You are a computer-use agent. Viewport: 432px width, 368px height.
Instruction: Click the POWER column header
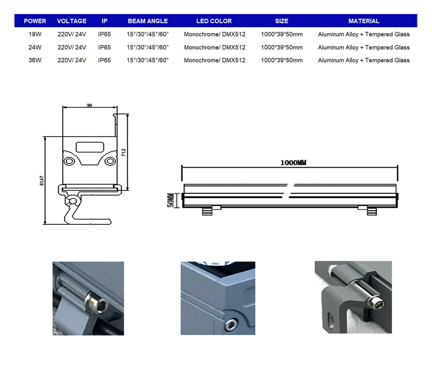pyautogui.click(x=35, y=21)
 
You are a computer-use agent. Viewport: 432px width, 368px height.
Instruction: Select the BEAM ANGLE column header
pyautogui.click(x=148, y=21)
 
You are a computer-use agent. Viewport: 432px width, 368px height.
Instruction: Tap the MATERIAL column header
pyautogui.click(x=364, y=21)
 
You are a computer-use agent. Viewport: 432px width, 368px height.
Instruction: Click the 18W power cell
pyautogui.click(x=35, y=34)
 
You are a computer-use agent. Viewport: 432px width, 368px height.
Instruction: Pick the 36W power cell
pyautogui.click(x=35, y=60)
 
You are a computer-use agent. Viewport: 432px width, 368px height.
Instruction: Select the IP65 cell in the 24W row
pyautogui.click(x=104, y=47)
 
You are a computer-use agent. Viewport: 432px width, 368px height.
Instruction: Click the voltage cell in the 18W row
pyautogui.click(x=72, y=34)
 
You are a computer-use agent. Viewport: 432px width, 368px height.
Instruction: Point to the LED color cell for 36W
pyautogui.click(x=214, y=60)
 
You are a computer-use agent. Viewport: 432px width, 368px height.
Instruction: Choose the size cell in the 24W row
pyautogui.click(x=282, y=47)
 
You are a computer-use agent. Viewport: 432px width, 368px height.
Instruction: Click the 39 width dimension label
pyautogui.click(x=89, y=105)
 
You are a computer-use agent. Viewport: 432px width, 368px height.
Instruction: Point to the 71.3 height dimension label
pyautogui.click(x=124, y=152)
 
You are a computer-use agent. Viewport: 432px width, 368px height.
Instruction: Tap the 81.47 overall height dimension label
pyautogui.click(x=42, y=181)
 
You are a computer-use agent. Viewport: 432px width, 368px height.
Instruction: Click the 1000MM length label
pyautogui.click(x=293, y=163)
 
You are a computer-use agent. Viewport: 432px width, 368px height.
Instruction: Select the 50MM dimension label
pyautogui.click(x=170, y=200)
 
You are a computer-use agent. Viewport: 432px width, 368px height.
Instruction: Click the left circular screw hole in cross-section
pyautogui.click(x=69, y=161)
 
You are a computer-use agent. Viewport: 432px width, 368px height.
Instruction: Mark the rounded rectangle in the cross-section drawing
pyautogui.click(x=90, y=147)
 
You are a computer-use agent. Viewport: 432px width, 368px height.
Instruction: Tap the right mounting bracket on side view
pyautogui.click(x=371, y=210)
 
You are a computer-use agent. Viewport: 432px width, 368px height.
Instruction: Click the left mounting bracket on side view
pyautogui.click(x=207, y=210)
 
